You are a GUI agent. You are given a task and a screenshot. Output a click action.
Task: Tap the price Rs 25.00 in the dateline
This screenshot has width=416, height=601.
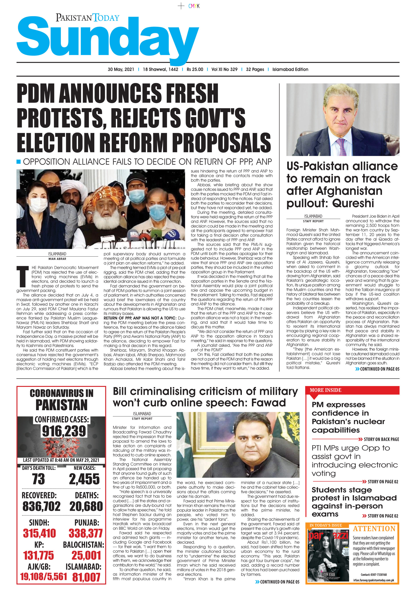[195, 69]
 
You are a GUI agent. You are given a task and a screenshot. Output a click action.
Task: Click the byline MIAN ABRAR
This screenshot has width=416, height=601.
[57, 259]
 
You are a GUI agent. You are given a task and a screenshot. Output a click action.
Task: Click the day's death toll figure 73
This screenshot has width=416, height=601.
[38, 479]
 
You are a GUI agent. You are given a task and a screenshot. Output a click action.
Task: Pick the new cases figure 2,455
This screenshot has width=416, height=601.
[84, 479]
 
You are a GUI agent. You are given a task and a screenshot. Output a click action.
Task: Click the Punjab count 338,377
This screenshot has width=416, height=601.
[86, 533]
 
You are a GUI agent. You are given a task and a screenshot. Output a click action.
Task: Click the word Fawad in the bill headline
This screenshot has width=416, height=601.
[268, 403]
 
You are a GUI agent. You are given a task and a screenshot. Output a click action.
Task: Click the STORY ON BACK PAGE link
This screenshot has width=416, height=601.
[381, 439]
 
